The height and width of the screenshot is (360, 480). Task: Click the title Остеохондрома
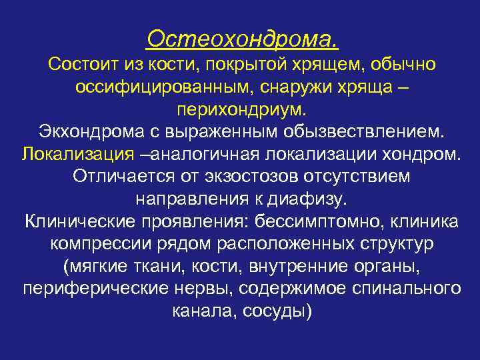(x=242, y=39)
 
